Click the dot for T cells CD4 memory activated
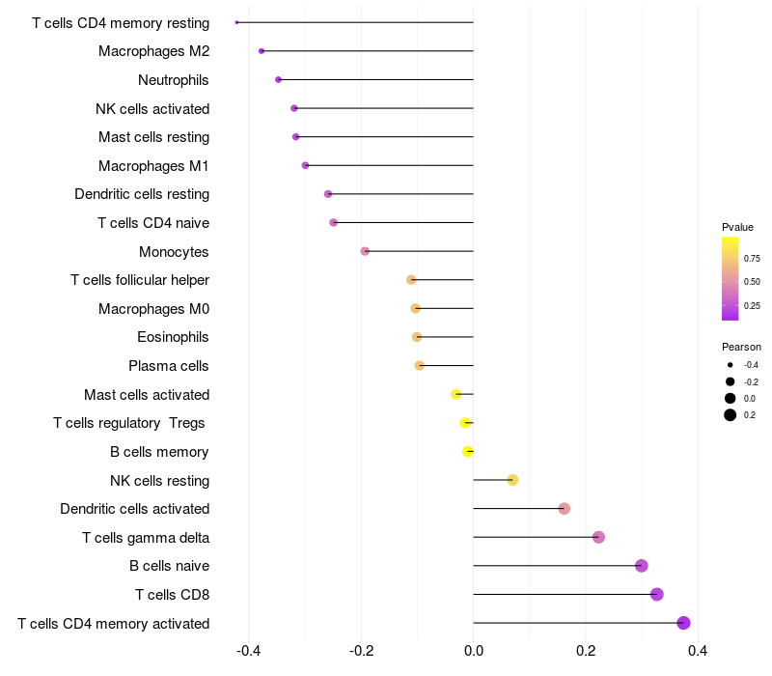point(683,623)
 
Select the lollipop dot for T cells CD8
point(657,594)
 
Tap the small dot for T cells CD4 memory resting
point(236,22)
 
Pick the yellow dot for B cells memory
point(467,451)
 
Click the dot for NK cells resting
point(512,480)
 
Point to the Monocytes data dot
point(365,251)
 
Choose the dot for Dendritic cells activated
point(565,509)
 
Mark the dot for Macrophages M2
point(262,51)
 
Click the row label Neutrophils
point(174,80)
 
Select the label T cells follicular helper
point(140,280)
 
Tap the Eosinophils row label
point(173,337)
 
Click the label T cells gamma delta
point(146,538)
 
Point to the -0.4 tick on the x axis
point(248,651)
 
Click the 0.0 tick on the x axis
point(474,651)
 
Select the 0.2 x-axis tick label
point(586,651)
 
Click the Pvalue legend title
point(737,227)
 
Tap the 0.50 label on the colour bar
point(752,282)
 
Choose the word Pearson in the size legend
point(741,347)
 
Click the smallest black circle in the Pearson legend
point(731,365)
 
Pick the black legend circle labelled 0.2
point(731,415)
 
